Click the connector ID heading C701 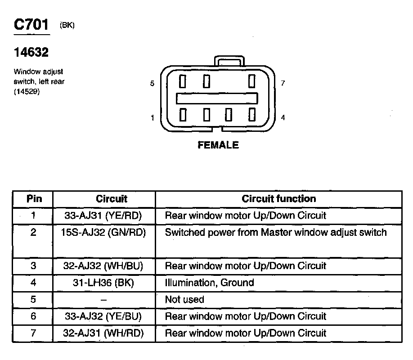31,25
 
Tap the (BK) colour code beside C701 67,26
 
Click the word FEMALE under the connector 218,145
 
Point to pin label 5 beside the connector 152,84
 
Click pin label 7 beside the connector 283,84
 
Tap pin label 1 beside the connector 153,118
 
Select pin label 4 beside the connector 283,118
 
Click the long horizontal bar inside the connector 217,98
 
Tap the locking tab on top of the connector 230,62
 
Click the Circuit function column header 278,199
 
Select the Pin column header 34,199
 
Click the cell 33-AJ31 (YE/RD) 103,216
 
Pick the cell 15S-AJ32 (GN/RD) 103,233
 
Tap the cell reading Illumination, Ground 209,283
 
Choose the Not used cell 184,300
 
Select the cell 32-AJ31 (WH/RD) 103,333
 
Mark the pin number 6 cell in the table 33,316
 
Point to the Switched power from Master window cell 276,233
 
